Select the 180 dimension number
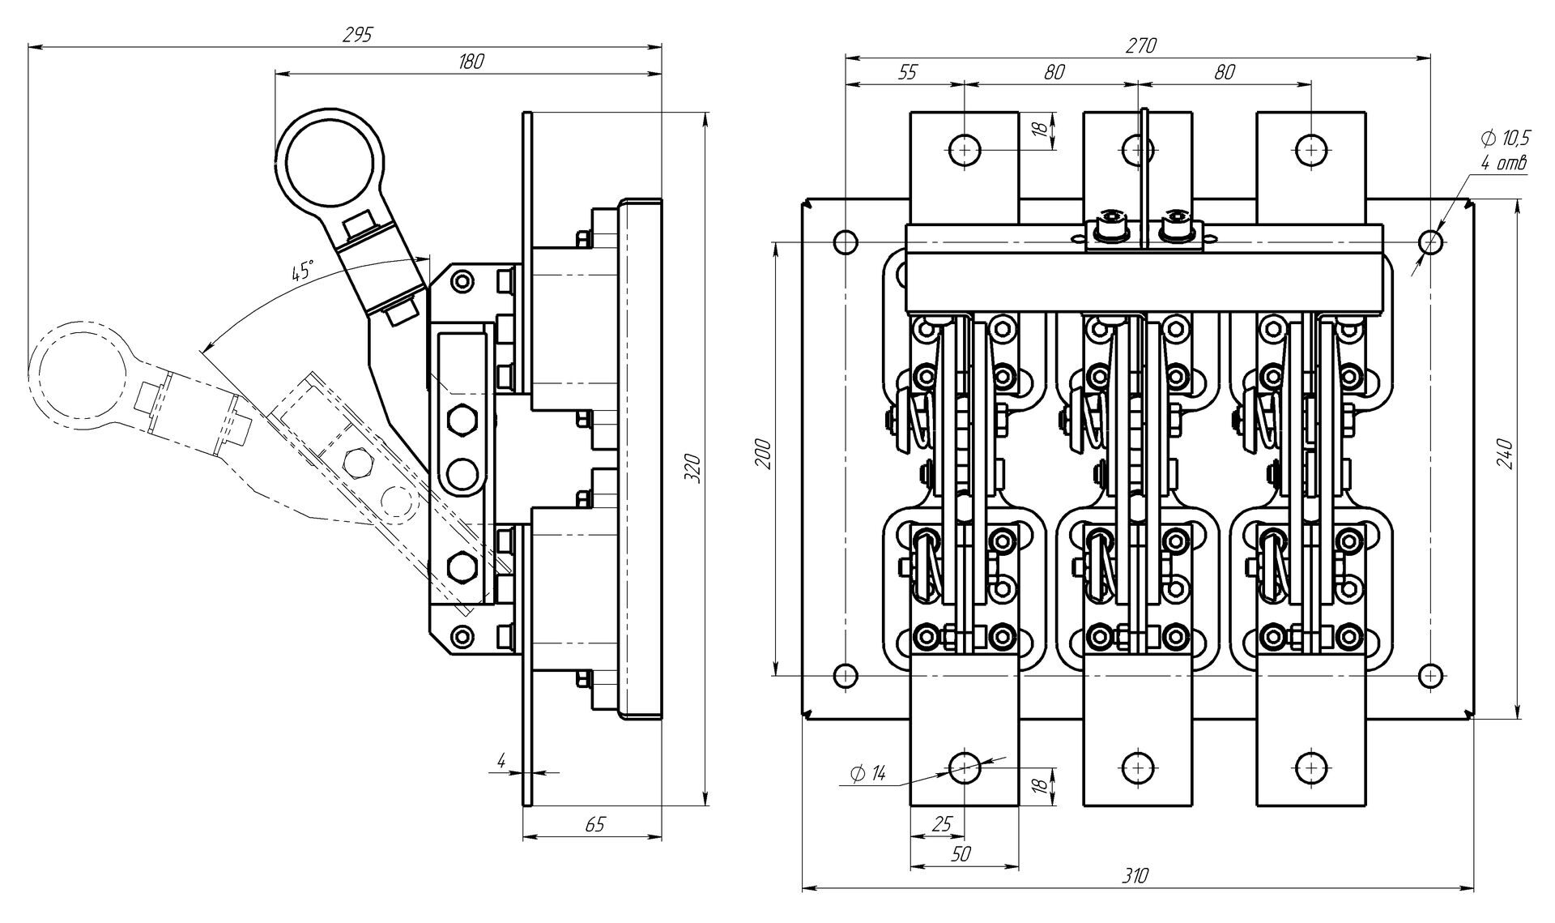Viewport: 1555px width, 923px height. pyautogui.click(x=471, y=62)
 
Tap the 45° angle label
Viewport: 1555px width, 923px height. pyautogui.click(x=301, y=271)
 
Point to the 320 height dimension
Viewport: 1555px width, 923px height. pyautogui.click(x=692, y=468)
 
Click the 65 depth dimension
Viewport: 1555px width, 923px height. pyautogui.click(x=594, y=825)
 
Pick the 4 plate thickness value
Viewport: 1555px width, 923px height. pyautogui.click(x=501, y=761)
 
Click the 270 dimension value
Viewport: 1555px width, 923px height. pyautogui.click(x=1140, y=46)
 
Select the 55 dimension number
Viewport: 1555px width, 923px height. pyautogui.click(x=907, y=72)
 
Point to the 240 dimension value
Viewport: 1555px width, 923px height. pyautogui.click(x=1503, y=457)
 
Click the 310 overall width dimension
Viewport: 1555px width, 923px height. pyautogui.click(x=1135, y=876)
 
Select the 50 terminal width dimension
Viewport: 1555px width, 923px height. pyautogui.click(x=961, y=853)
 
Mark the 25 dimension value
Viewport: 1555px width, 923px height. pyautogui.click(x=942, y=825)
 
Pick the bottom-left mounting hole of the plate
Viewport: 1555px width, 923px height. pyautogui.click(x=846, y=674)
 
